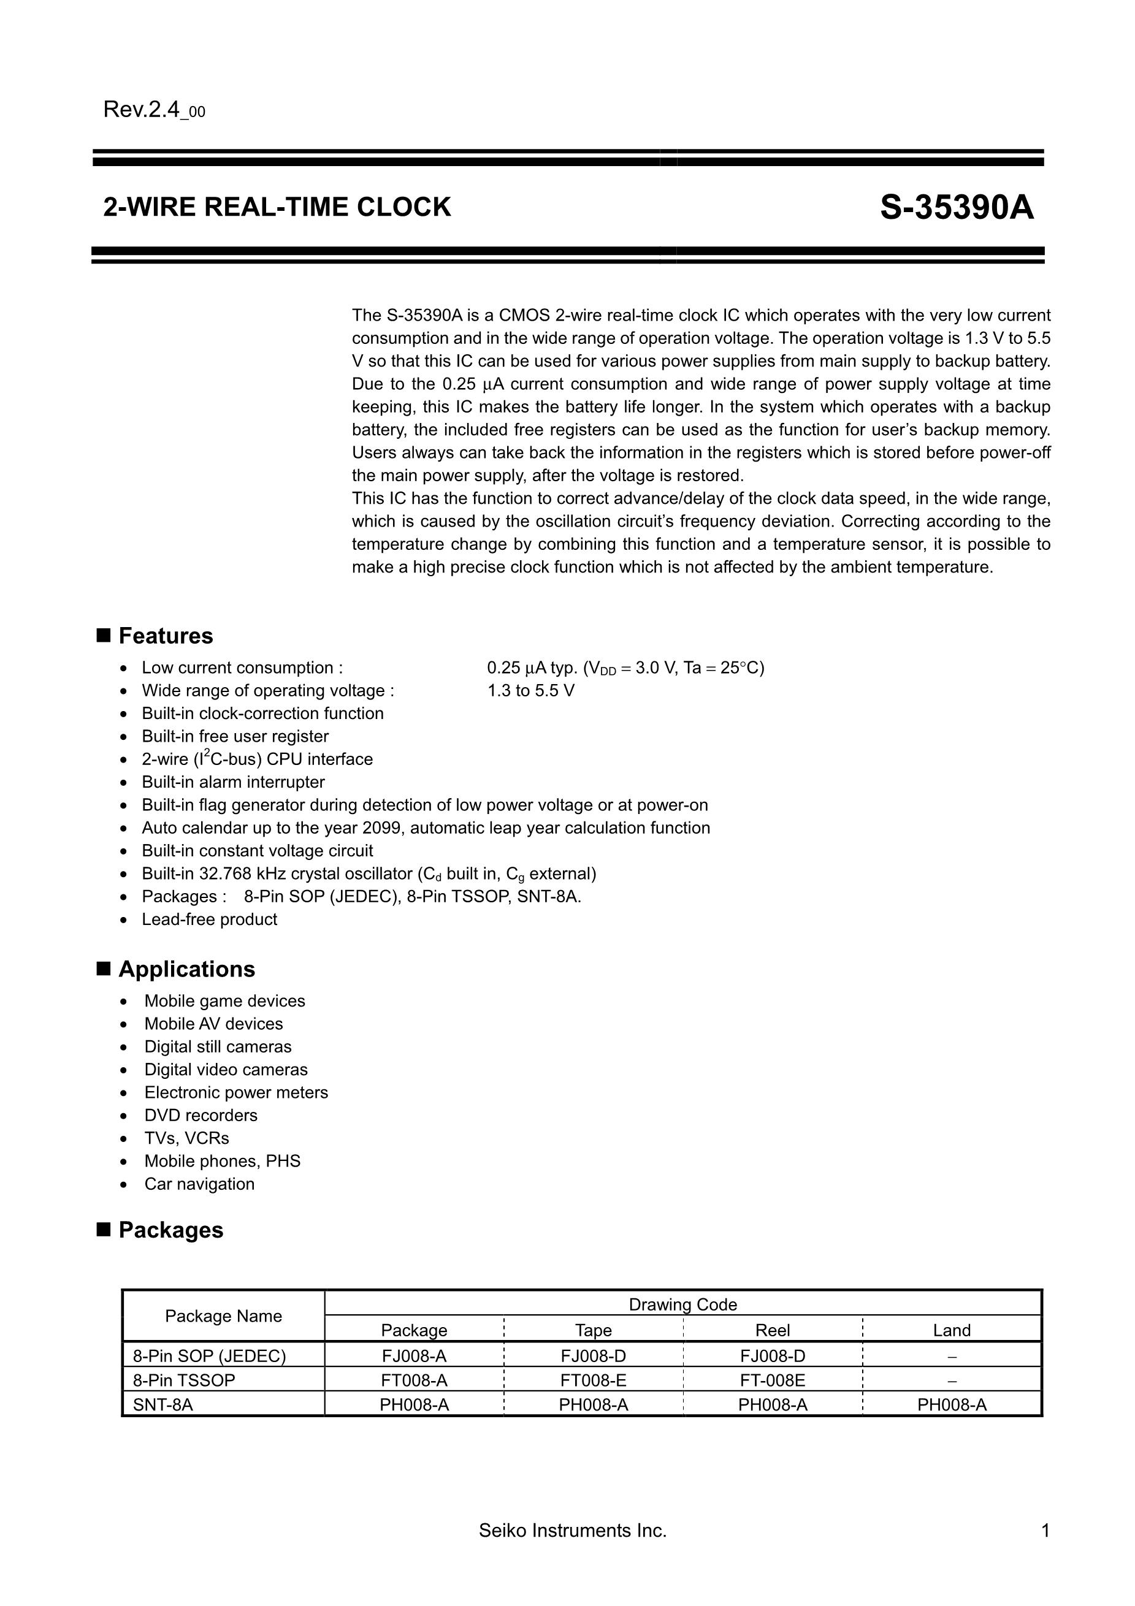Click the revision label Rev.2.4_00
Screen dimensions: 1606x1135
(x=154, y=110)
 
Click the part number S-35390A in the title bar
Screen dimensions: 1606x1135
(x=957, y=208)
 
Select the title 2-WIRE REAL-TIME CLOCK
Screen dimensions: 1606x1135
(x=277, y=207)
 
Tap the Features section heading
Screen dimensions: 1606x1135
(x=165, y=636)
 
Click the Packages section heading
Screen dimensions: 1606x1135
(x=170, y=1230)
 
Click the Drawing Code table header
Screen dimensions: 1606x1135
(x=682, y=1304)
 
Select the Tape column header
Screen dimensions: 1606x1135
(x=593, y=1330)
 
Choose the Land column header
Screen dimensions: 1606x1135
(x=952, y=1330)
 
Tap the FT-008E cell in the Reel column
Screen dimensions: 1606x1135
(x=773, y=1380)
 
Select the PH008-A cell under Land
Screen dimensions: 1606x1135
(x=952, y=1404)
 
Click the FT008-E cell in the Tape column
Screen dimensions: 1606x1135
(x=593, y=1380)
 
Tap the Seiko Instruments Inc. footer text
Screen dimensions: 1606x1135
(x=572, y=1531)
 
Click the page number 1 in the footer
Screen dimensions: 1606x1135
(x=1045, y=1531)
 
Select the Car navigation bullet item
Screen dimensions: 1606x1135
(x=199, y=1184)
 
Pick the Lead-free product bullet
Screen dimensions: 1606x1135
(x=209, y=919)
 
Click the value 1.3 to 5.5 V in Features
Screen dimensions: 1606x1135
(x=530, y=690)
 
